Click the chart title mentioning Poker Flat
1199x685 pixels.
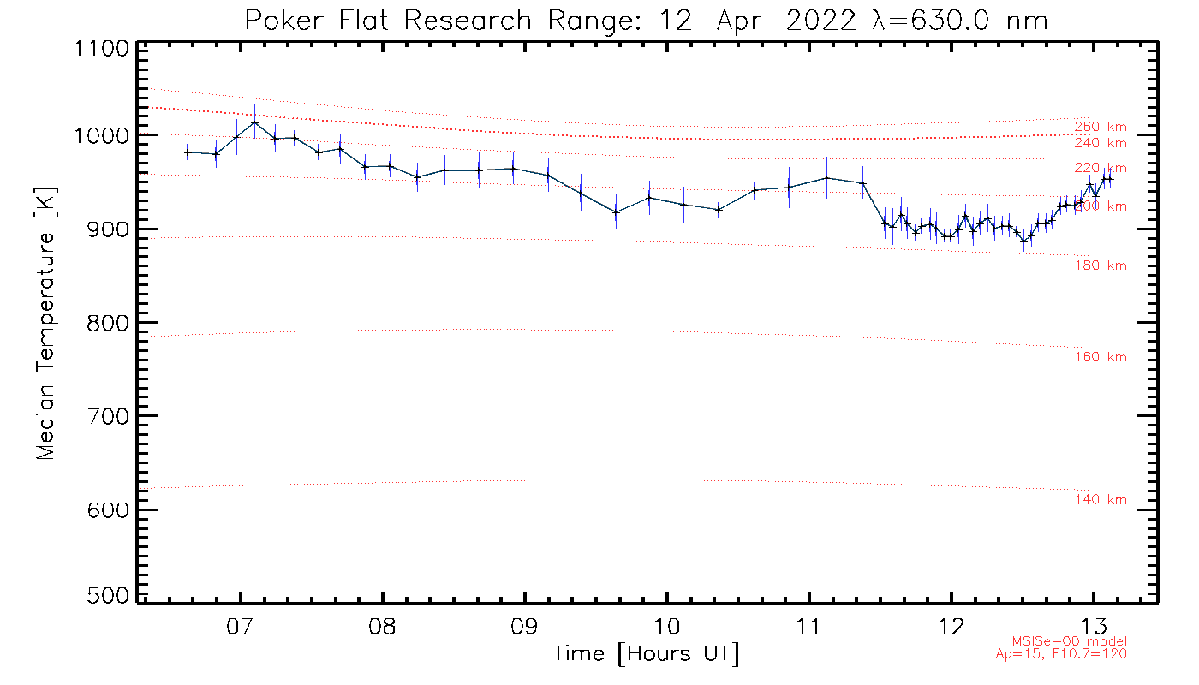pos(646,21)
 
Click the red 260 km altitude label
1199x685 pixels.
pos(1101,128)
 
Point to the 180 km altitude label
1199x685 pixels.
pos(1101,265)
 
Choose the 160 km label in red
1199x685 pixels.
pos(1101,357)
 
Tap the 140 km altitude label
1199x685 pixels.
pos(1101,500)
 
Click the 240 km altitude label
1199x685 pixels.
pos(1101,143)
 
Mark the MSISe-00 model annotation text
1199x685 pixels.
pos(1070,641)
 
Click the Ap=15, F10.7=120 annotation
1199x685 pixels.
pos(1061,654)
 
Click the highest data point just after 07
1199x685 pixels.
pos(254,122)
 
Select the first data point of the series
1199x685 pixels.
pos(187,152)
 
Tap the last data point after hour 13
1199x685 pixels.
pos(1110,178)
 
